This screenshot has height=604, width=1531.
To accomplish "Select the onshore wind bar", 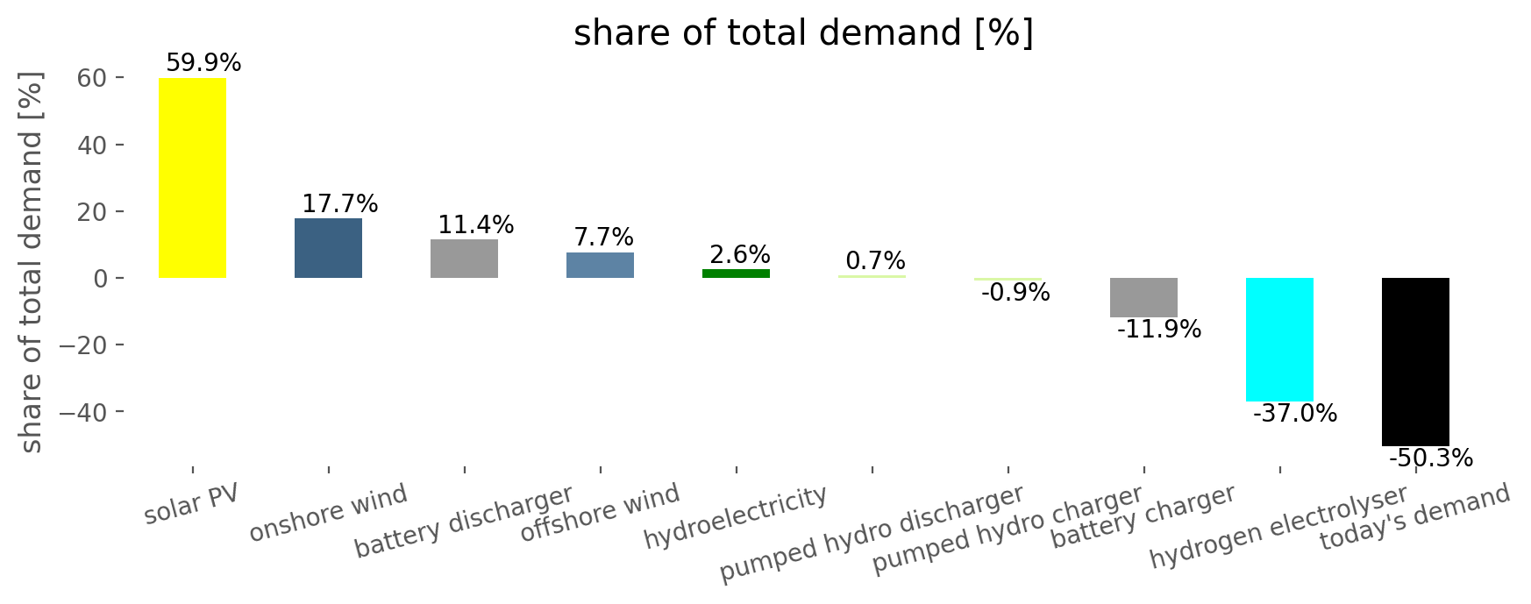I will click(328, 248).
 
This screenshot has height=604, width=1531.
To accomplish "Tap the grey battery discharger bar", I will click(464, 259).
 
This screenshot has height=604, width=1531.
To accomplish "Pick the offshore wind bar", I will click(600, 265).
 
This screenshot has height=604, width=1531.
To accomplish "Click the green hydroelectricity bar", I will click(736, 274).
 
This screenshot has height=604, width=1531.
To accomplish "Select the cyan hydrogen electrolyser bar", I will click(1279, 339).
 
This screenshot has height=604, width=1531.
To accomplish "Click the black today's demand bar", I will click(1415, 361).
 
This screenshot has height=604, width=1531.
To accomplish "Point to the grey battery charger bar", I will click(1143, 297).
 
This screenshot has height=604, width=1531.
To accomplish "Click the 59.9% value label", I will click(203, 63).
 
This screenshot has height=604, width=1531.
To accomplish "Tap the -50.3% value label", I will click(1430, 458).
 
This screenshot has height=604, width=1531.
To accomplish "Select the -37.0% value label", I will click(1295, 414).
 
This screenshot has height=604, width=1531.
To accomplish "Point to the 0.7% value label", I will click(875, 261).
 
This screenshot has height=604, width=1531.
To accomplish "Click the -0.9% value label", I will click(1015, 293).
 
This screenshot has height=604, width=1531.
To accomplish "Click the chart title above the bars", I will click(803, 33).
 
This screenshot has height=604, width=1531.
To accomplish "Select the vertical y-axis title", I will click(31, 264).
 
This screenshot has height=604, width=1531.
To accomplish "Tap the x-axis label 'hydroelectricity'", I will click(736, 517).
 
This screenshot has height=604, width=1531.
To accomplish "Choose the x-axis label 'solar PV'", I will click(191, 505).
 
